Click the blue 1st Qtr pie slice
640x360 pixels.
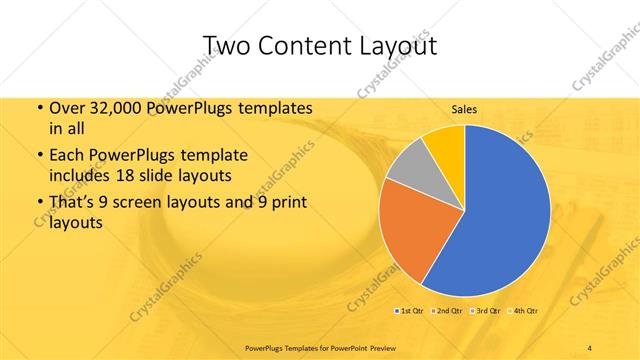pos(500,210)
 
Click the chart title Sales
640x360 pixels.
pos(464,109)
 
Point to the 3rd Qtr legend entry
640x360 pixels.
pos(486,310)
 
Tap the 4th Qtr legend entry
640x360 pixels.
pos(525,310)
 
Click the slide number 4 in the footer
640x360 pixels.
pos(590,347)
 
